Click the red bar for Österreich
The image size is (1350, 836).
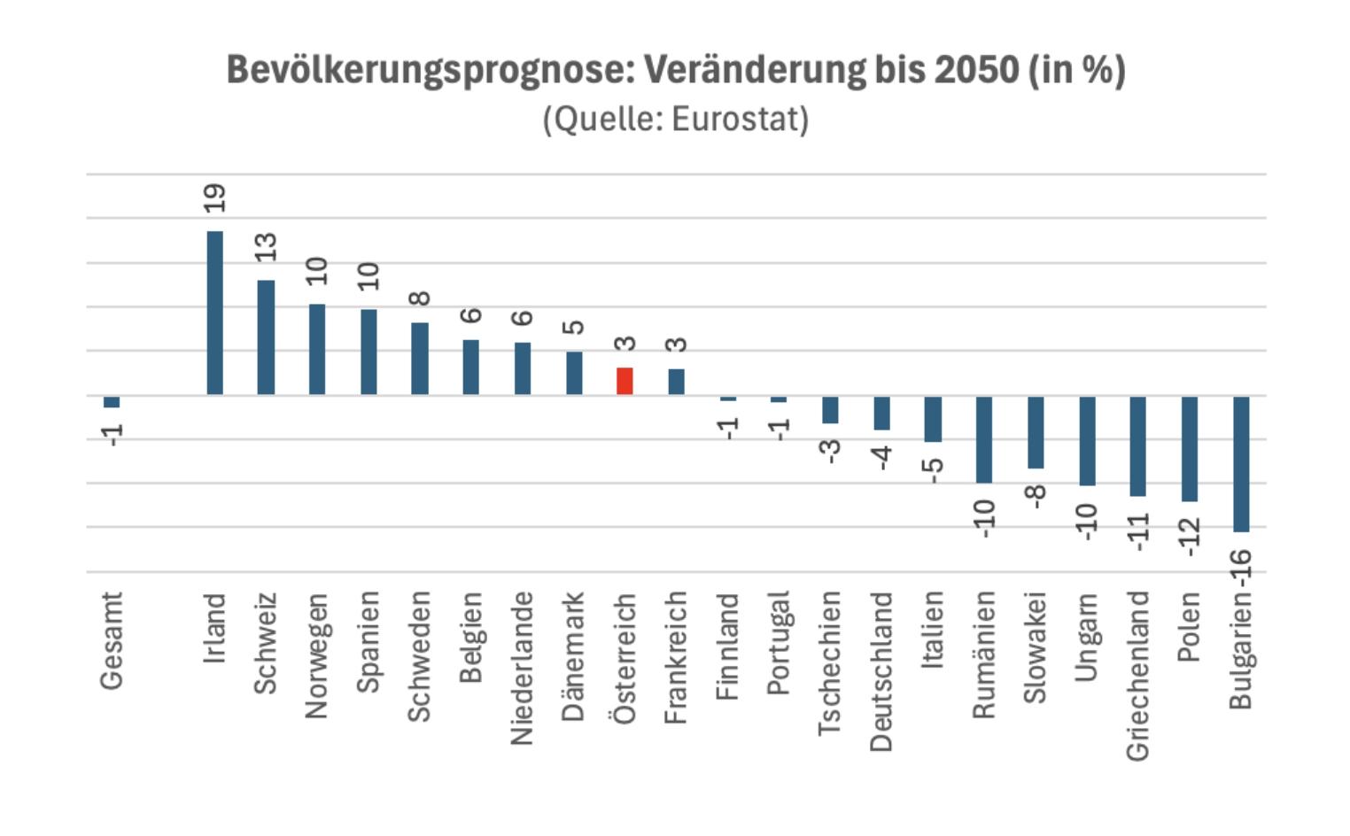(625, 382)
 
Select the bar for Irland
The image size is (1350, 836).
(214, 313)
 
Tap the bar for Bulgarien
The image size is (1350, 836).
(1241, 463)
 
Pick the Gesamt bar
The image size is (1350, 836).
(112, 402)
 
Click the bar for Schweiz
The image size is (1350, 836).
(266, 337)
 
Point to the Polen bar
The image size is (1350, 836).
(1190, 448)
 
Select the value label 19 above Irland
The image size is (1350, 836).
(214, 197)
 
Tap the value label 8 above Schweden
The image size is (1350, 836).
(420, 298)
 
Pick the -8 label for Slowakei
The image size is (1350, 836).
(1036, 496)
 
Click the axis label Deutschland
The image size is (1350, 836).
(881, 671)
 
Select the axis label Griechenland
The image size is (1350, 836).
(1137, 675)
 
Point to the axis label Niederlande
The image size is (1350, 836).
(522, 668)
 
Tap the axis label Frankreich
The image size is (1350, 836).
(676, 657)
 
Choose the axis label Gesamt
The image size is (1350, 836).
(112, 640)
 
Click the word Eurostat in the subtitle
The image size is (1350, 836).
(739, 119)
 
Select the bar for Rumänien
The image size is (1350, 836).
(983, 439)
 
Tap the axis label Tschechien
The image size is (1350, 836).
(829, 663)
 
